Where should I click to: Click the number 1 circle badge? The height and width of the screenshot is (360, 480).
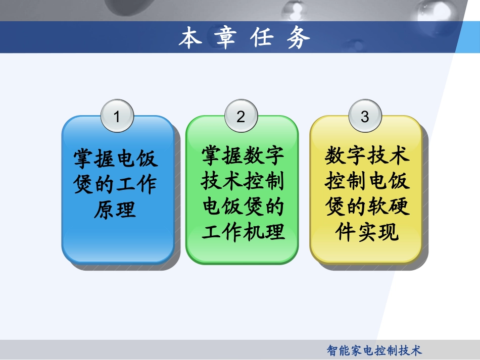tap(117, 117)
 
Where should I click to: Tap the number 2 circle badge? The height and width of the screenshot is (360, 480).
tap(241, 117)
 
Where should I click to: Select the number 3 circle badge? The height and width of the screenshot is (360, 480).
tap(365, 117)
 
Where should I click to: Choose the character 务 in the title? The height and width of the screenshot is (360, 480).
tap(298, 38)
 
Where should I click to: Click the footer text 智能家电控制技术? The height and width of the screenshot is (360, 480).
tap(374, 350)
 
